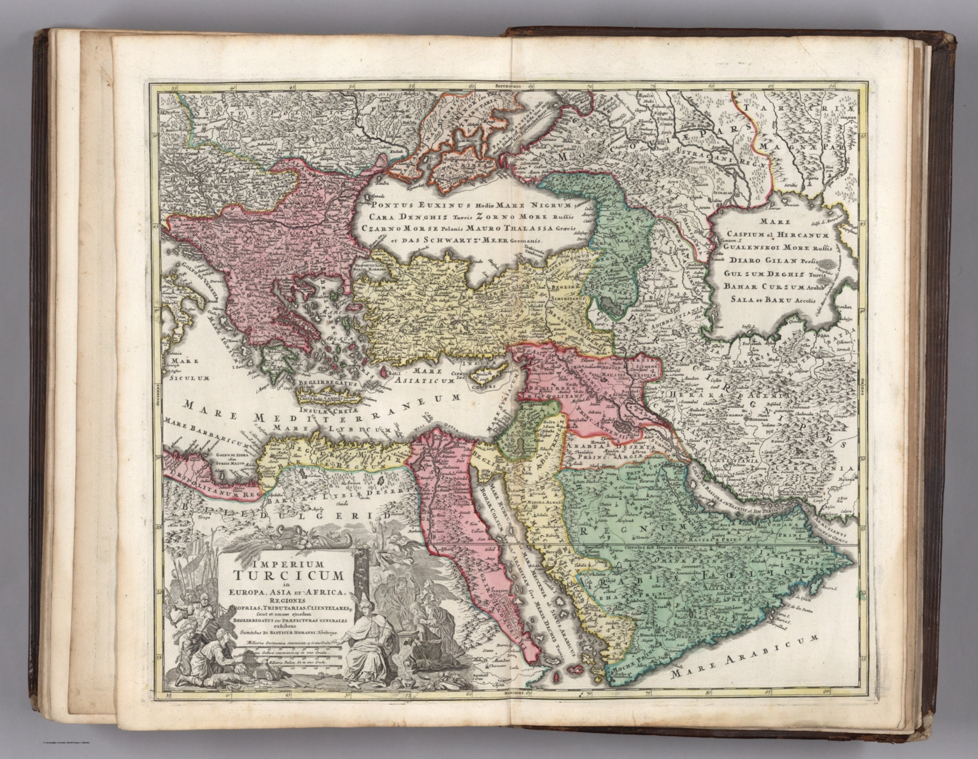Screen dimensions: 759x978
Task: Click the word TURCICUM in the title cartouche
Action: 283,576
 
